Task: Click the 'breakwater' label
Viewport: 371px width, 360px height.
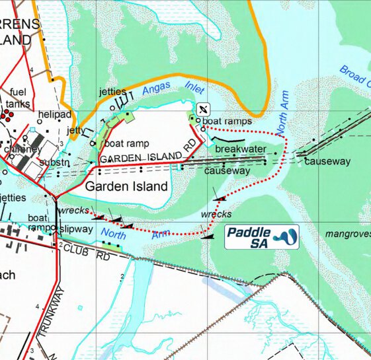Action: pos(240,149)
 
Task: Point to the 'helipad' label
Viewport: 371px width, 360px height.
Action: pos(56,115)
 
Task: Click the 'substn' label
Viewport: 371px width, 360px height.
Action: pos(55,162)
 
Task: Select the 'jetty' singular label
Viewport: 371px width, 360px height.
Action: pos(76,131)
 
